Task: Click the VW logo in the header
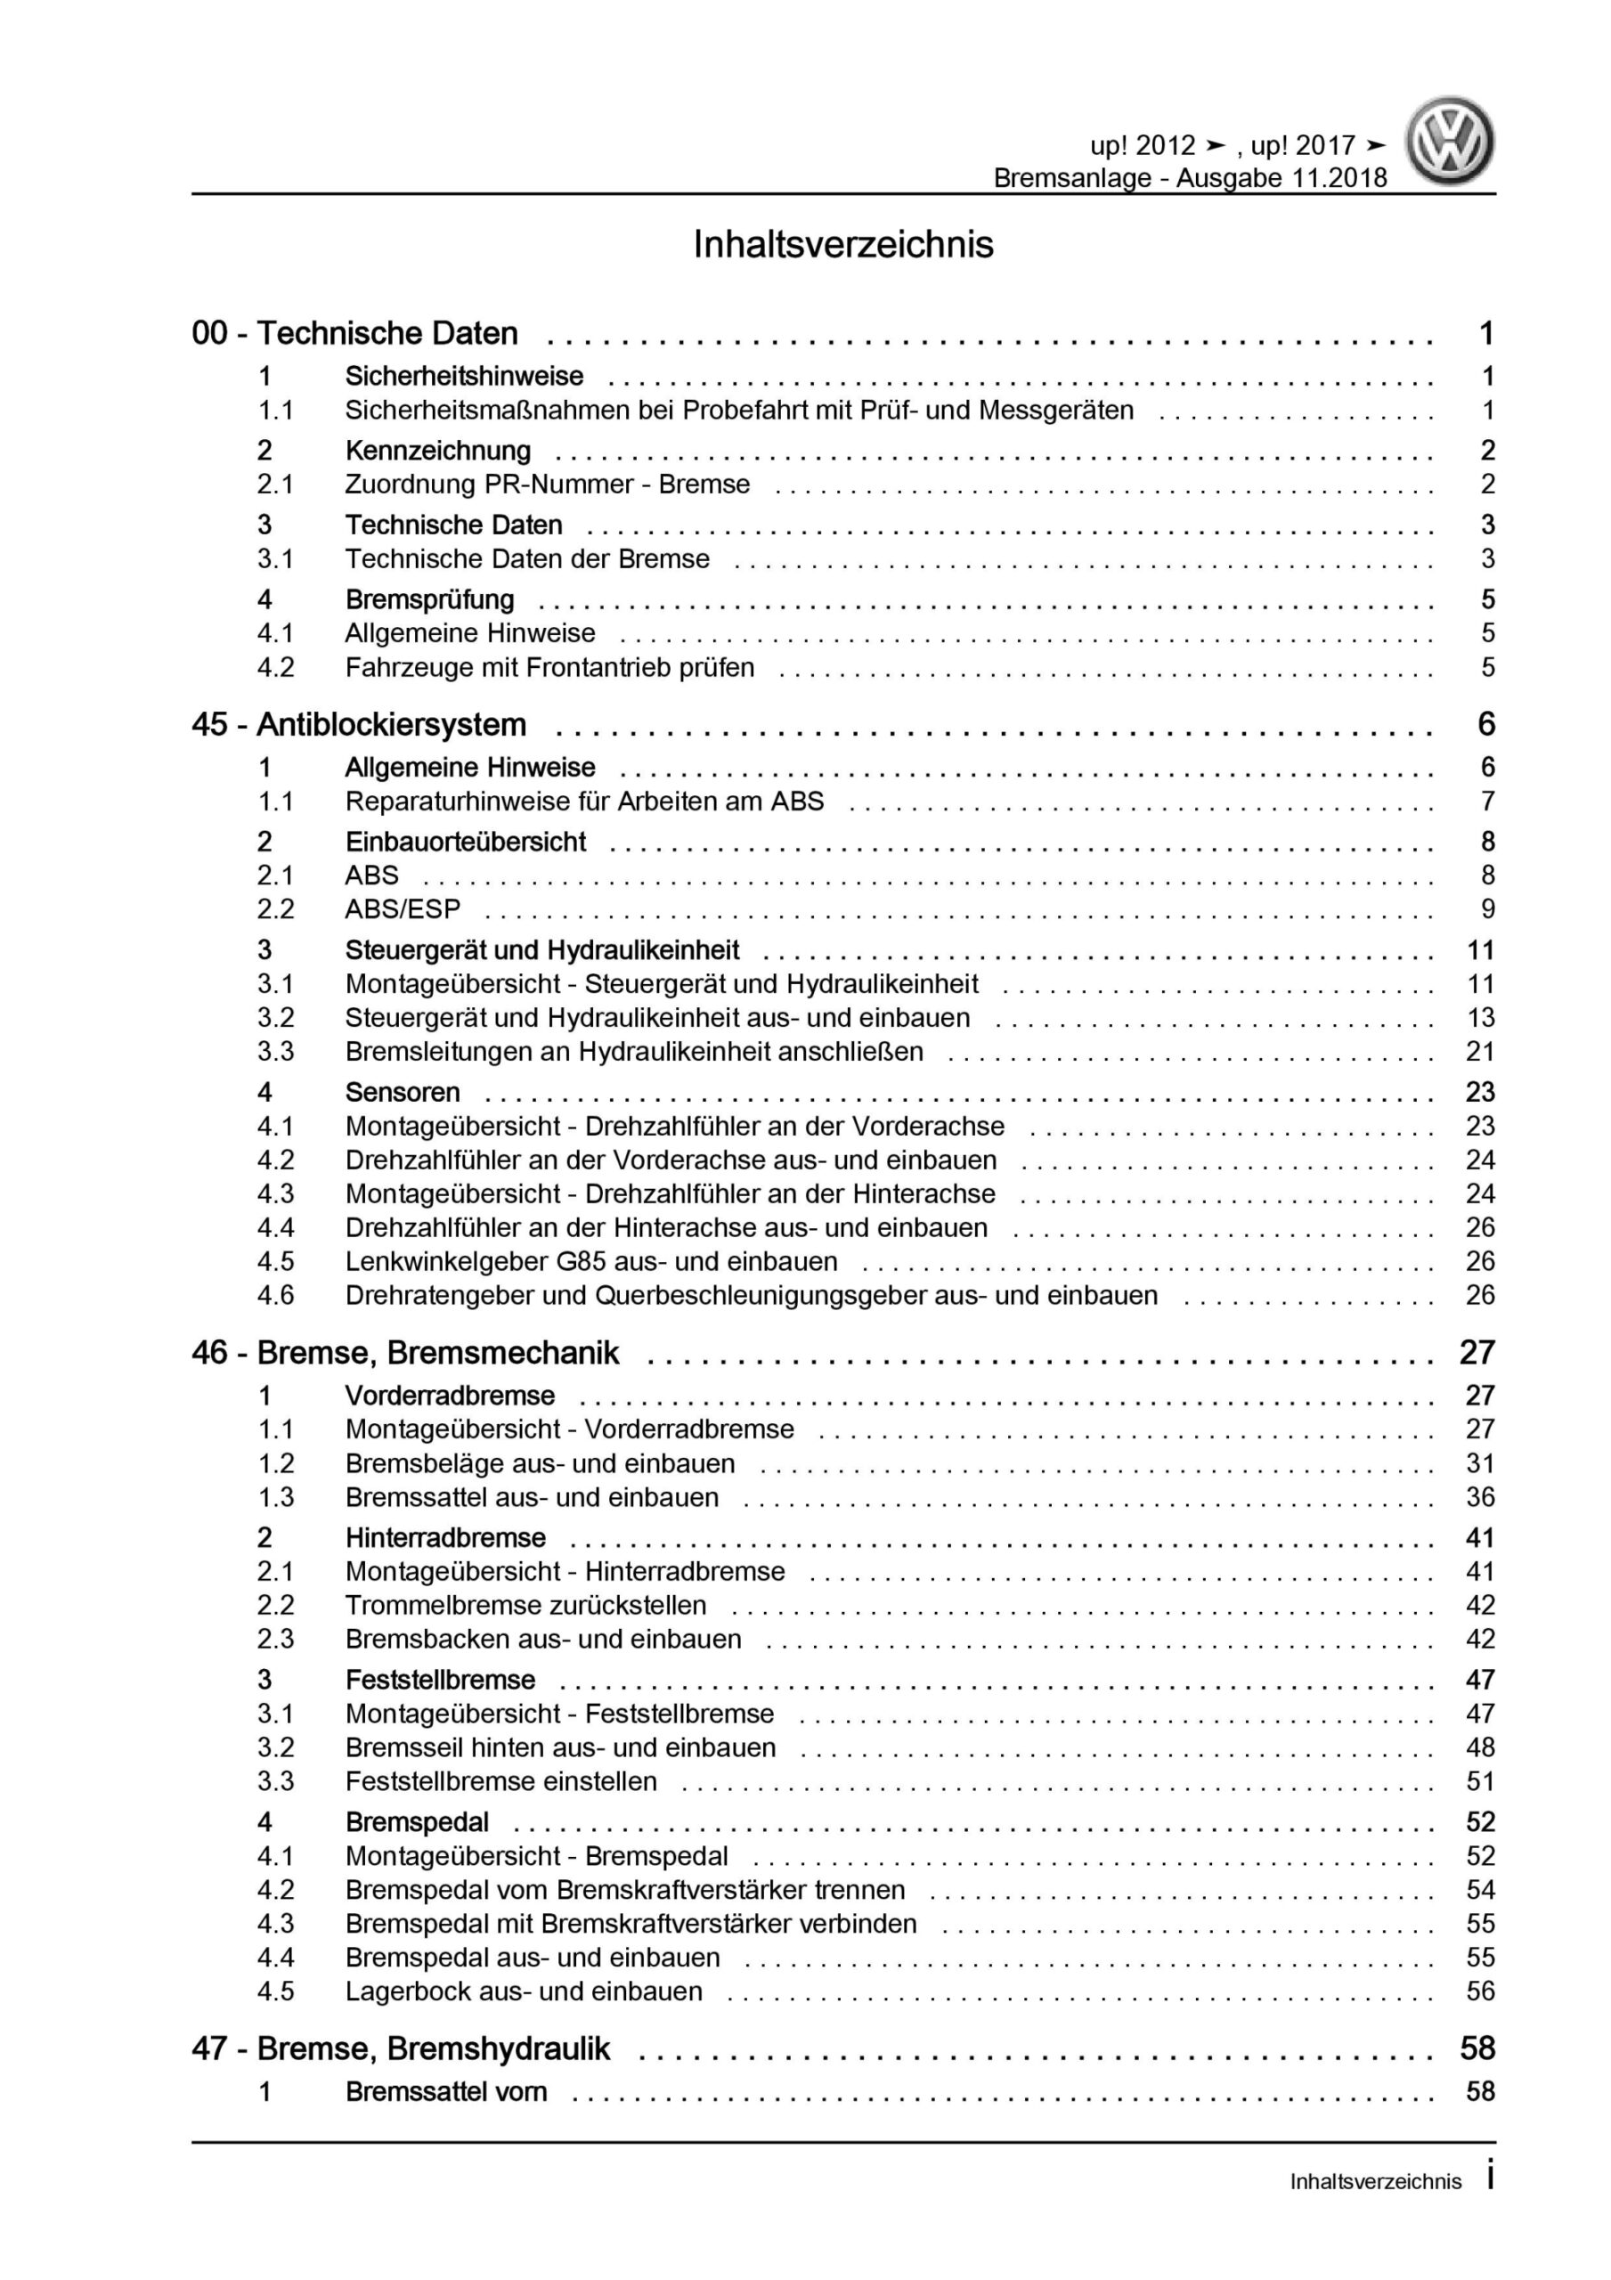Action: coord(1449,142)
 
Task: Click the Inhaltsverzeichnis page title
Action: coord(843,245)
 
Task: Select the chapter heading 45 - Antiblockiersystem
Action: coord(359,725)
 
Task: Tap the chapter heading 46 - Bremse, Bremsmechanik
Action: coord(405,1353)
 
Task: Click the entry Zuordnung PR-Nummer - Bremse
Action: coord(548,484)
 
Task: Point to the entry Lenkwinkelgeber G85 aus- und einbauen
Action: coord(591,1261)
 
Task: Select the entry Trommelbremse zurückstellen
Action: coord(525,1605)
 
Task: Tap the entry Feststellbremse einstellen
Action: coord(500,1780)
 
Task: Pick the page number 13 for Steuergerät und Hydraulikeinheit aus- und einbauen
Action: coord(1480,1018)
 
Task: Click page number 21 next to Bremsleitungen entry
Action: coord(1480,1052)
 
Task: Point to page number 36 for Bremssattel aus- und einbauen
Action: coord(1480,1496)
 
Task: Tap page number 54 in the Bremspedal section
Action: coord(1480,1889)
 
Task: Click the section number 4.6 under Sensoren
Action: coord(275,1295)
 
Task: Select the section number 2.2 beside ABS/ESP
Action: coord(275,908)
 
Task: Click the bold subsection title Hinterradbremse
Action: coord(445,1538)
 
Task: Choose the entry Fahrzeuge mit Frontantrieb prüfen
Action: coord(549,667)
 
